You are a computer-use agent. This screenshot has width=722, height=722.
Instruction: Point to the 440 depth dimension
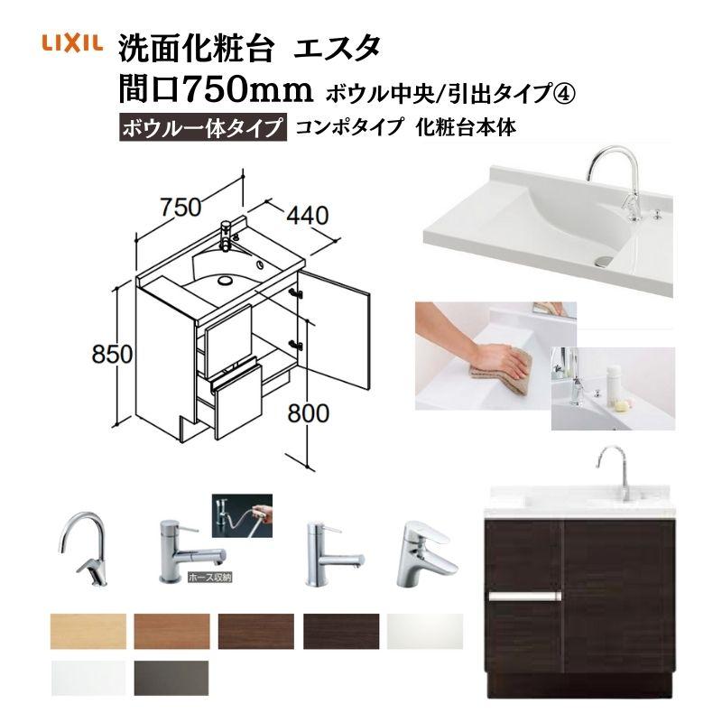(x=306, y=217)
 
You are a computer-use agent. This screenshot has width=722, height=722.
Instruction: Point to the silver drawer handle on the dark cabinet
(x=524, y=597)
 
